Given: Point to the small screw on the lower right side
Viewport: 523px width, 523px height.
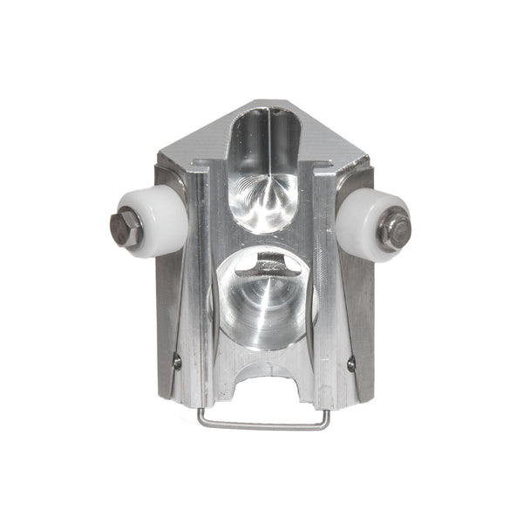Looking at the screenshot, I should [351, 365].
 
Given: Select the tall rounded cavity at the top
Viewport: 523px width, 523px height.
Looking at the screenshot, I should [267, 166].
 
